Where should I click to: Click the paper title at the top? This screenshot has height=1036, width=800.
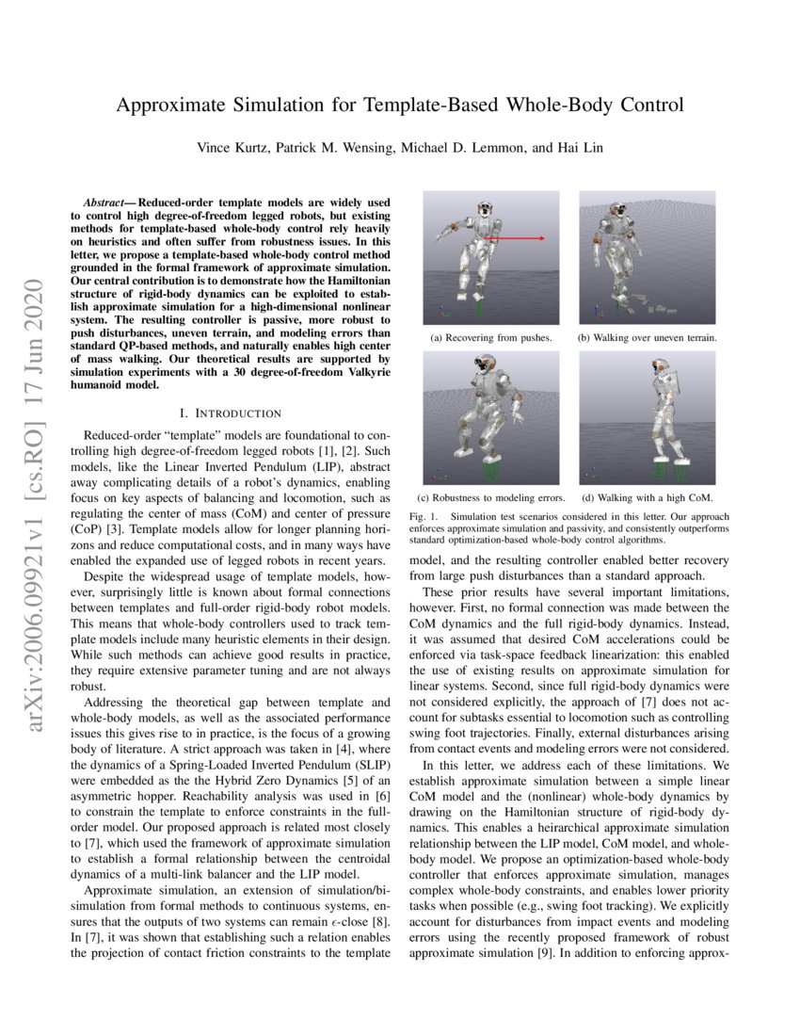(x=400, y=105)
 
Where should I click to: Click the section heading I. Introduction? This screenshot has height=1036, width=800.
(x=230, y=413)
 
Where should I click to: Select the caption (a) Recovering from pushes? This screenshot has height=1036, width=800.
(x=490, y=337)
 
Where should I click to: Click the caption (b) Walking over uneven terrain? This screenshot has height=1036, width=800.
(x=648, y=337)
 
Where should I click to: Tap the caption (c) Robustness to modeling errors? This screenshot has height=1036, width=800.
(x=490, y=497)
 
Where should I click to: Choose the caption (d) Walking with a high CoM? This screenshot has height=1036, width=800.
(x=648, y=497)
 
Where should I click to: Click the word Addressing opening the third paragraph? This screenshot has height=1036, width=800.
(x=114, y=703)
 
